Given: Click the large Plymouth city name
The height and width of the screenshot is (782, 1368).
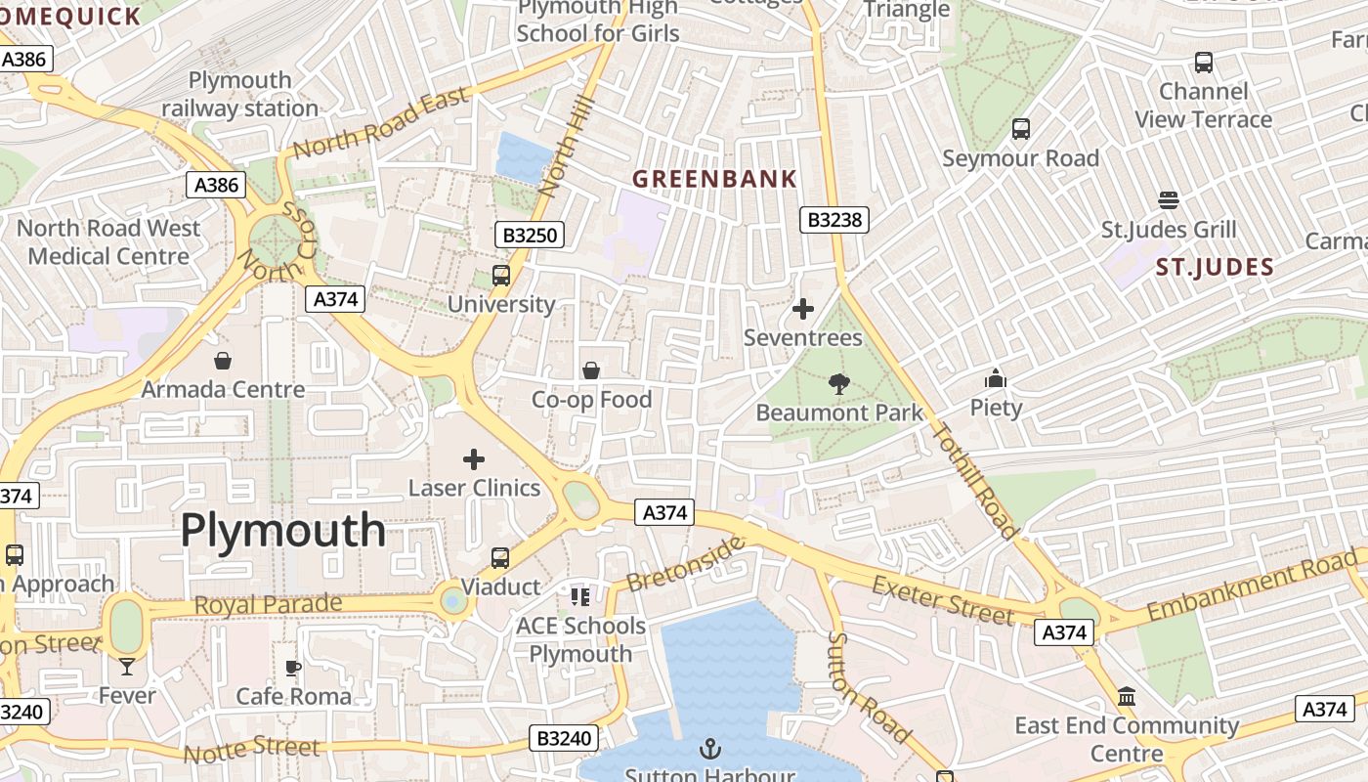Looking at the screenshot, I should (283, 531).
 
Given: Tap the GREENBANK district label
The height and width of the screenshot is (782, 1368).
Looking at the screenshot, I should (714, 179).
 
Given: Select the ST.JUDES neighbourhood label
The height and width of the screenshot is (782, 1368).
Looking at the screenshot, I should (1215, 267).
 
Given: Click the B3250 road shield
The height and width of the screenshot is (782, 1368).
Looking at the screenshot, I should (529, 235).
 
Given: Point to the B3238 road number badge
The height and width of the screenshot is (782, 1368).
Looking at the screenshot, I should (834, 220).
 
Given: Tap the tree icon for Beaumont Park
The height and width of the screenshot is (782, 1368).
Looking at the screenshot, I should (838, 384).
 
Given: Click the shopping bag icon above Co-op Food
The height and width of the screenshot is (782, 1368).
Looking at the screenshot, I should (591, 370).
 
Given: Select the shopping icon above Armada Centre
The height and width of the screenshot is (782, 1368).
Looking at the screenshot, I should (223, 361).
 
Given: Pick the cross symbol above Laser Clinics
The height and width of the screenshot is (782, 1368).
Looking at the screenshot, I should (474, 458).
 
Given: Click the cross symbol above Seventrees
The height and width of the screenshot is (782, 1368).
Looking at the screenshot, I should (803, 309).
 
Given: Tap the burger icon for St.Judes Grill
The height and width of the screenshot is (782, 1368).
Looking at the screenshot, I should (1169, 200).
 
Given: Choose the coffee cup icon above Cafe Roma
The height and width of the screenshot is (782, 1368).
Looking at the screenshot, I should (293, 668).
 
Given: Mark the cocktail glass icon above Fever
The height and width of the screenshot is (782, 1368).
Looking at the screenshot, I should (127, 667).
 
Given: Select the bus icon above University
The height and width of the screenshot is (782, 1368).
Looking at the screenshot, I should (501, 276).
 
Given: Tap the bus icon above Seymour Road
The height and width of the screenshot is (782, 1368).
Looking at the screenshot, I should (1021, 129).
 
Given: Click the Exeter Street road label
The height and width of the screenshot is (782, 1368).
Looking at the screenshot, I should (943, 600).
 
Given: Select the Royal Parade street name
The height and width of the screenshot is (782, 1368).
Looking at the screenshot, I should (268, 604).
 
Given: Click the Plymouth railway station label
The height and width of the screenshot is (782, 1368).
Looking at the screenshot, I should (240, 94).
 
